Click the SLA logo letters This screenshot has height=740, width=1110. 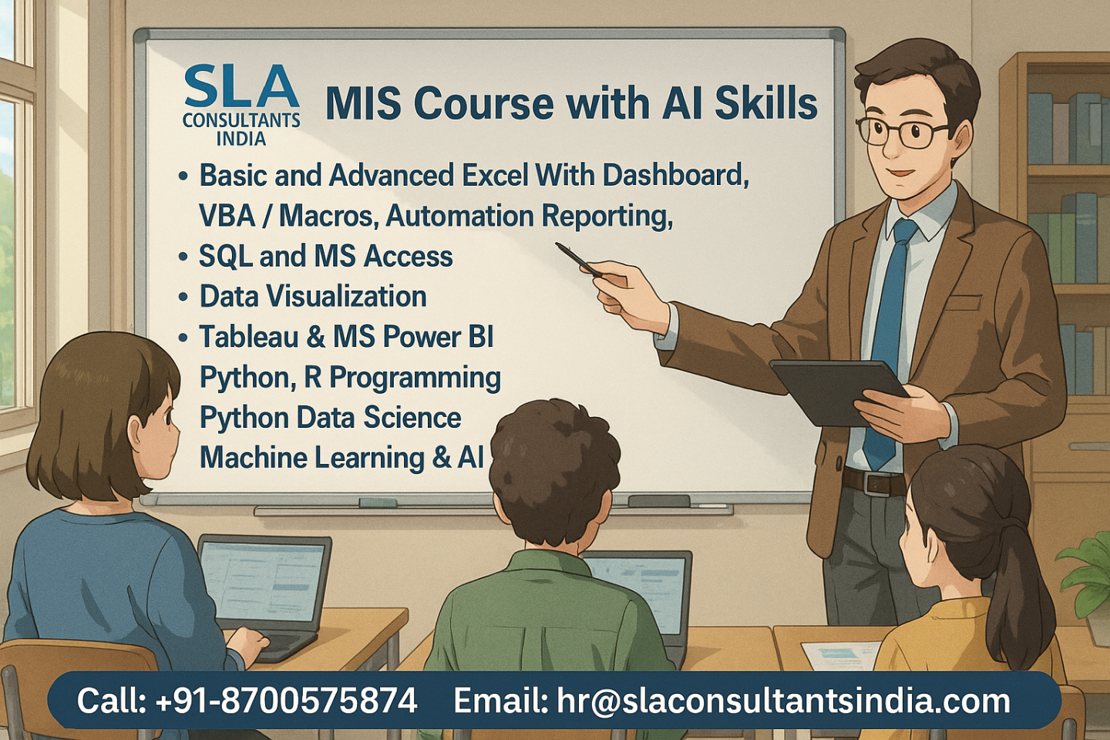(x=241, y=87)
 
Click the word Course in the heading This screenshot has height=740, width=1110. (x=473, y=103)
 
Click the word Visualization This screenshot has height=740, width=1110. (x=346, y=297)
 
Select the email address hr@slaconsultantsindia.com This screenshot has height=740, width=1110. (x=783, y=701)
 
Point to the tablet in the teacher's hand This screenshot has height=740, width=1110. (x=839, y=391)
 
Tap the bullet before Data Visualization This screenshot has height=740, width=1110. (x=183, y=297)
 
